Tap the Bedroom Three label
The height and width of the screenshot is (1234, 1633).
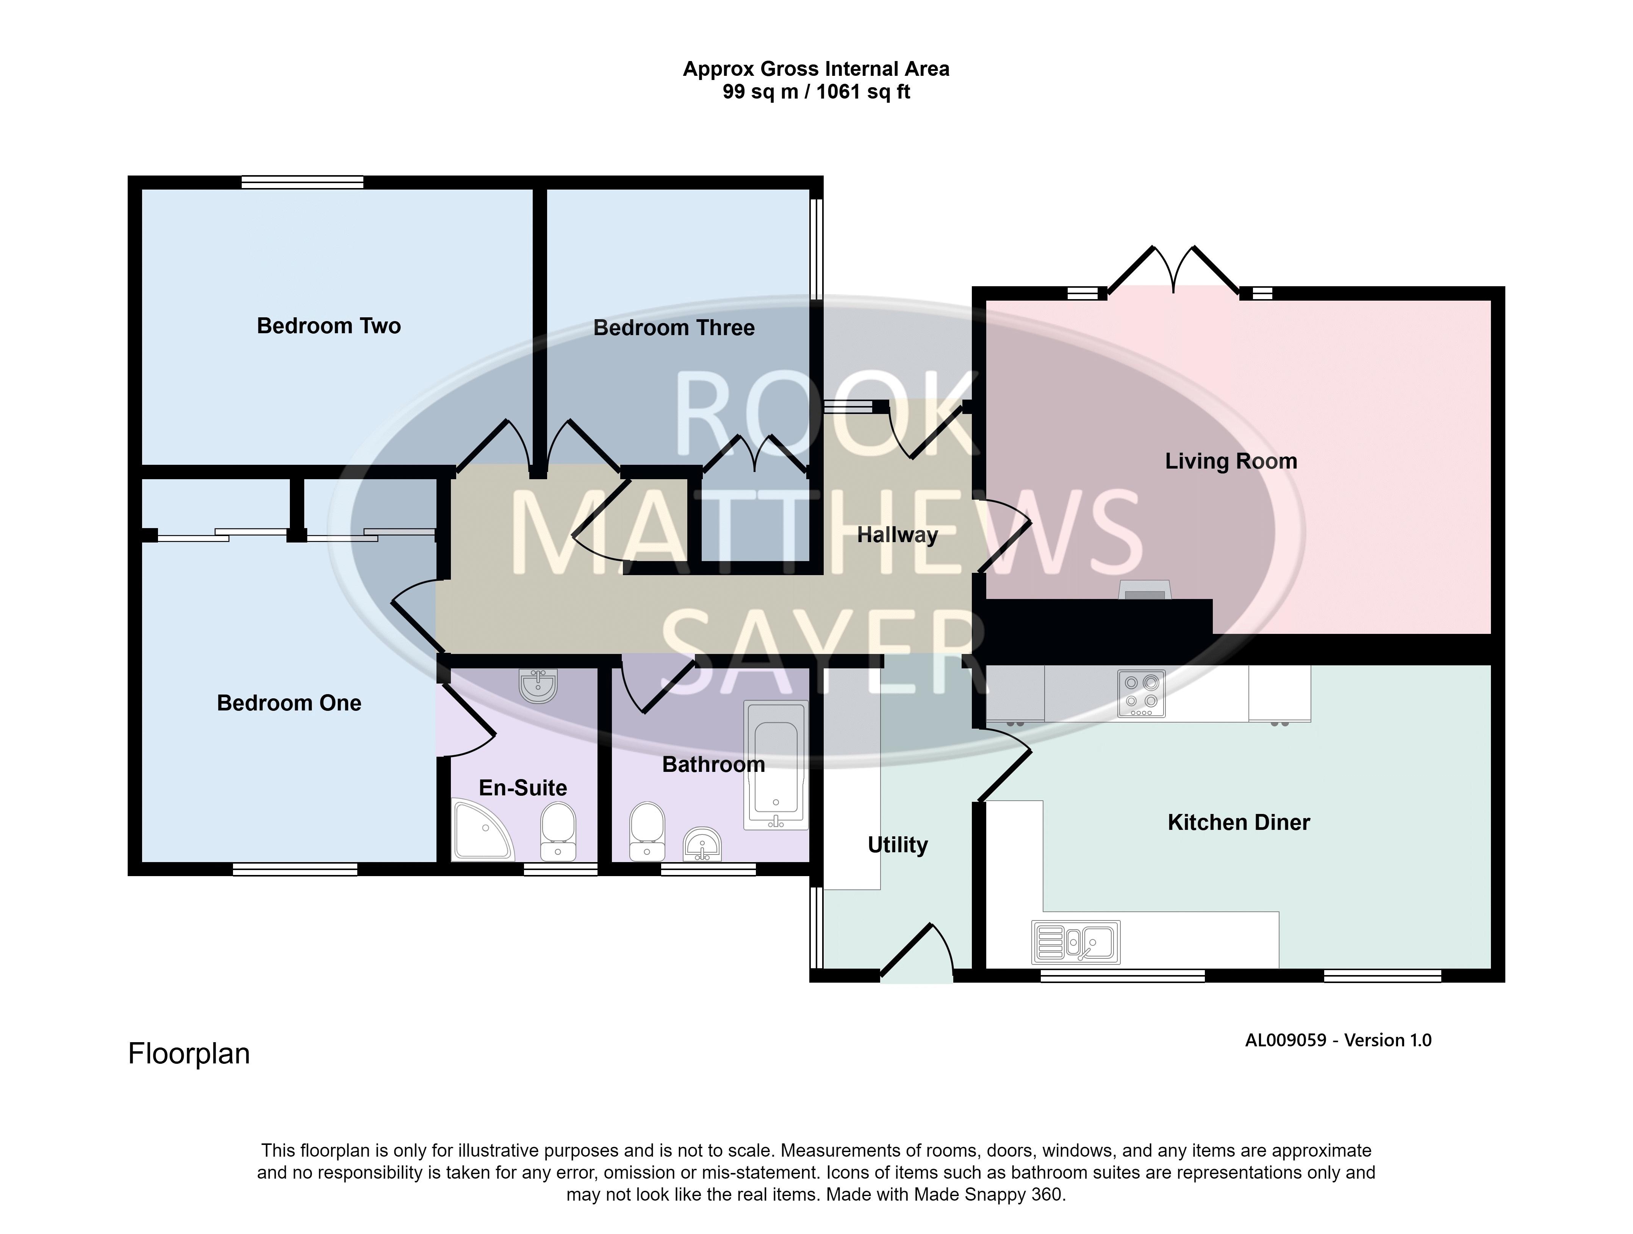pyautogui.click(x=674, y=328)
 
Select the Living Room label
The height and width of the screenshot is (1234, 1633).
pyautogui.click(x=1231, y=461)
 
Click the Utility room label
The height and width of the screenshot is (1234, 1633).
pyautogui.click(x=898, y=845)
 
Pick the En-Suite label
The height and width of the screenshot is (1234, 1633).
pyautogui.click(x=523, y=788)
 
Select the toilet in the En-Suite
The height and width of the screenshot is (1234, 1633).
pyautogui.click(x=558, y=832)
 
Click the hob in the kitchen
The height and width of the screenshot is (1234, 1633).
pyautogui.click(x=1141, y=693)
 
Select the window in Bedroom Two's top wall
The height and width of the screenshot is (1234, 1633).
pyautogui.click(x=303, y=182)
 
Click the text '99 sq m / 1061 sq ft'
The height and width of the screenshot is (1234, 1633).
pyautogui.click(x=816, y=92)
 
